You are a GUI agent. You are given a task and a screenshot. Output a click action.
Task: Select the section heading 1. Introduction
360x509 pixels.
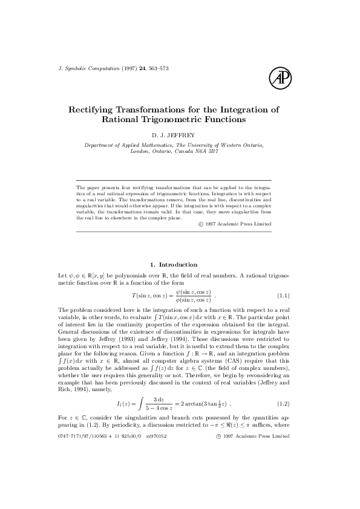tap(174, 264)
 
